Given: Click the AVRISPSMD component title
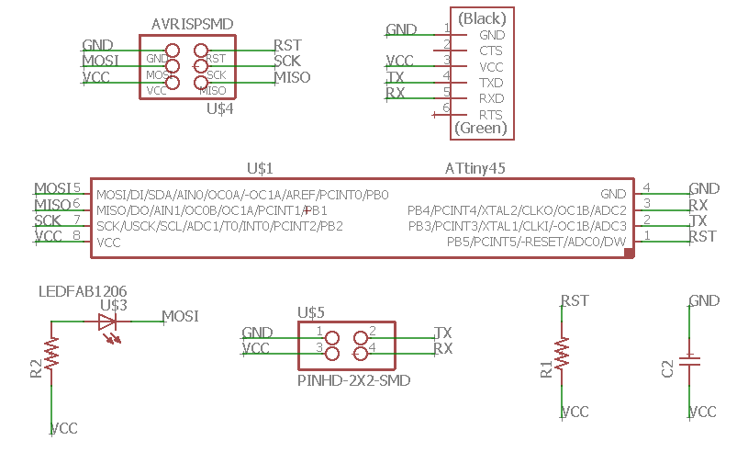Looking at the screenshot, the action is point(192,24).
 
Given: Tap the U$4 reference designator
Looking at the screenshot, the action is point(220,109).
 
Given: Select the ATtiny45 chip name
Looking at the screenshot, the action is point(475,168).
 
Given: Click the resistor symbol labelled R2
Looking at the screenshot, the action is point(51,353).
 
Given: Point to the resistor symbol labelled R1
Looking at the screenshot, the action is point(562,354).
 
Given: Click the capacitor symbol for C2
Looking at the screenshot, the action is point(689,361).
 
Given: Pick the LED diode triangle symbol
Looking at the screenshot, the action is point(107,322).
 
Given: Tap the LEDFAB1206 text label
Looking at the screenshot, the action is point(83,292).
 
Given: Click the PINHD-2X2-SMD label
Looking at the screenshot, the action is point(354,380).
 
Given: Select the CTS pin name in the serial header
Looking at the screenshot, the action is point(491,51).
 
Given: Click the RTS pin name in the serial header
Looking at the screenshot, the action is point(491,115).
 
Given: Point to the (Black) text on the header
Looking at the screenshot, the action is point(482,18).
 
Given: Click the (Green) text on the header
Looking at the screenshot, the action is point(481,128).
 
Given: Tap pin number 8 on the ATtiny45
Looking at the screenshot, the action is point(76,234).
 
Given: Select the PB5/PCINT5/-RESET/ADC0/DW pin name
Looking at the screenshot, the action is point(536,242).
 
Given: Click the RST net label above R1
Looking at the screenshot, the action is point(575,300).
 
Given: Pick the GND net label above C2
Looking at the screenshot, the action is point(704,300).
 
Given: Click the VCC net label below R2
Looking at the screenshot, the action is point(64,429).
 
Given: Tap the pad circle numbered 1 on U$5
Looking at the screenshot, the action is point(332,338).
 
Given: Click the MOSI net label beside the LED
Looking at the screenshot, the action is point(181,316).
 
